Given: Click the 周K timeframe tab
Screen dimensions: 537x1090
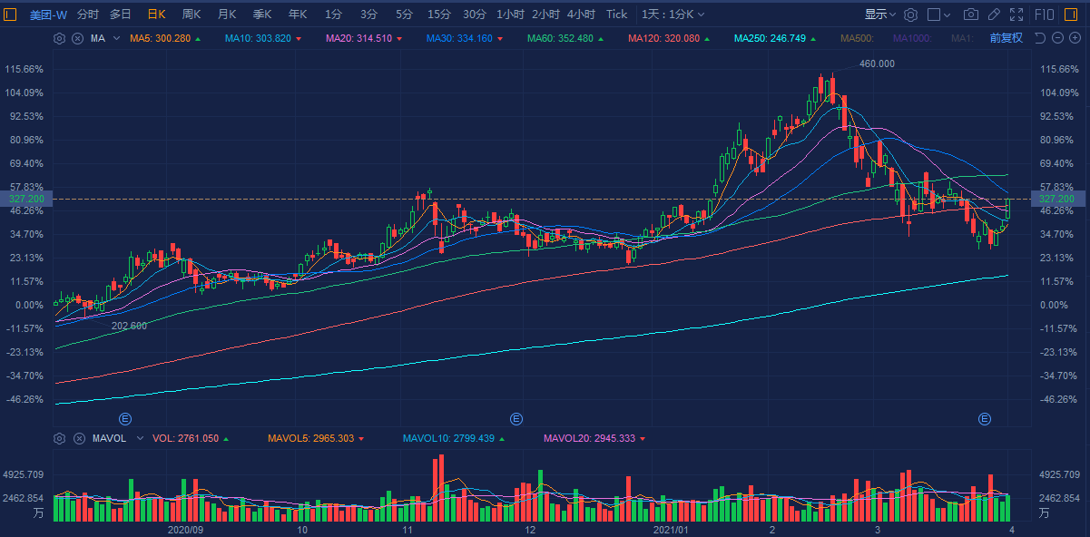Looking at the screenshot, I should [191, 15].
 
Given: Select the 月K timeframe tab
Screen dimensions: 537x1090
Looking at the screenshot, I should [227, 15].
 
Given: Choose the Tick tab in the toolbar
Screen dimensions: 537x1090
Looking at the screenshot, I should [616, 15].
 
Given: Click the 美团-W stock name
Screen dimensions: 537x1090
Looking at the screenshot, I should [48, 15].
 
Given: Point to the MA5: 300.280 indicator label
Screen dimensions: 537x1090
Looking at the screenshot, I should [160, 38].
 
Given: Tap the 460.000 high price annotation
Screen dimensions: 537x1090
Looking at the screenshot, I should [877, 63].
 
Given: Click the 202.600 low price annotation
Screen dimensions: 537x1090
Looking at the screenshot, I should [129, 326].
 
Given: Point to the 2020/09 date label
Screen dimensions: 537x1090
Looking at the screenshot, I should [185, 528].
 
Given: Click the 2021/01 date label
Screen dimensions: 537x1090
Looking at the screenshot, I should [673, 528].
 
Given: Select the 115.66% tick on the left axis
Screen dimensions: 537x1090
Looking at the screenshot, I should [25, 69].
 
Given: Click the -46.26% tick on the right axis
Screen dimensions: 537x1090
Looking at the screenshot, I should [1058, 399].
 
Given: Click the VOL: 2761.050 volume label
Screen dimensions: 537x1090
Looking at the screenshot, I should [185, 438].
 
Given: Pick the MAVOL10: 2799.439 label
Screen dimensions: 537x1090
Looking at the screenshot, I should [448, 438].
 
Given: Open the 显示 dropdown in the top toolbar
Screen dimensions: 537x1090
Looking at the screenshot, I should [879, 15].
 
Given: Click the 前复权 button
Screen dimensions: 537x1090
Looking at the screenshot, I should [1006, 38].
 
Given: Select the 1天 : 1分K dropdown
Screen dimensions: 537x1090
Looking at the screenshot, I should [673, 15].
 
